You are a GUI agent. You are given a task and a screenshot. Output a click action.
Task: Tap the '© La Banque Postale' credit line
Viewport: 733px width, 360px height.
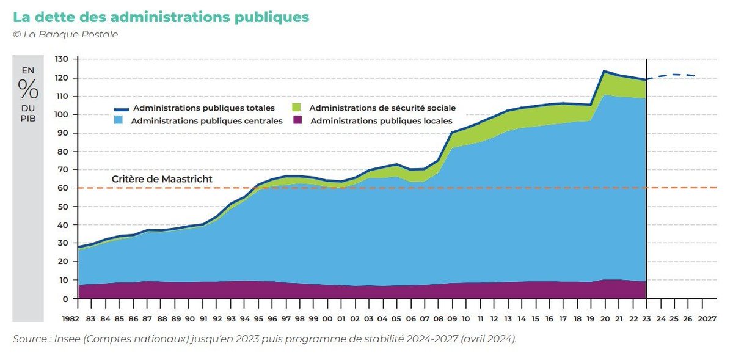click(x=65, y=34)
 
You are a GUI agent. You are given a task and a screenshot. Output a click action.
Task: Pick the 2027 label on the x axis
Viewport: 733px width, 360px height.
click(x=707, y=319)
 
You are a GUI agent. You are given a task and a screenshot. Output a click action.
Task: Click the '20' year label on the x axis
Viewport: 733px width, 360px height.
click(x=604, y=319)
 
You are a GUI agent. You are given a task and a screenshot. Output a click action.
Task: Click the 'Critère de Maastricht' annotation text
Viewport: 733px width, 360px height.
click(x=162, y=179)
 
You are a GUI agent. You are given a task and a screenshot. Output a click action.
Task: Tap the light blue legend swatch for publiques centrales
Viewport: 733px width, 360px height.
click(x=119, y=121)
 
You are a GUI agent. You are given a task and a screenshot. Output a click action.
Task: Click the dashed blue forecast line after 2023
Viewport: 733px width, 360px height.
click(x=675, y=75)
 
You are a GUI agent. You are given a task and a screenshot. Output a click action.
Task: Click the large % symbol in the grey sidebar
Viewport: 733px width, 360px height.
click(x=28, y=89)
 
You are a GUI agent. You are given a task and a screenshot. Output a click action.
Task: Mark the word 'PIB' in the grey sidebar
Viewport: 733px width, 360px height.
click(x=28, y=118)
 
